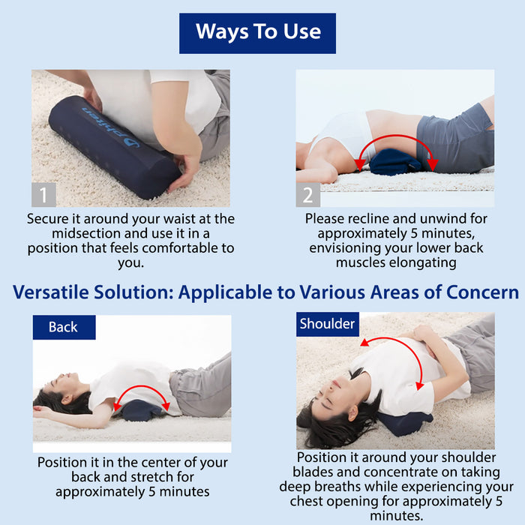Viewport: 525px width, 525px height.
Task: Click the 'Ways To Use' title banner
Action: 257,32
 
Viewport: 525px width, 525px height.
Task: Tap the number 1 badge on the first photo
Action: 43,195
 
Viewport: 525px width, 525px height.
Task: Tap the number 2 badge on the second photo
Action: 307,195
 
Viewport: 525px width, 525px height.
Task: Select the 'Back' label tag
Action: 64,327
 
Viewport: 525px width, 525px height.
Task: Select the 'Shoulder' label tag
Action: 327,324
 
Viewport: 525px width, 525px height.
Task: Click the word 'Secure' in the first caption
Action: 49,219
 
